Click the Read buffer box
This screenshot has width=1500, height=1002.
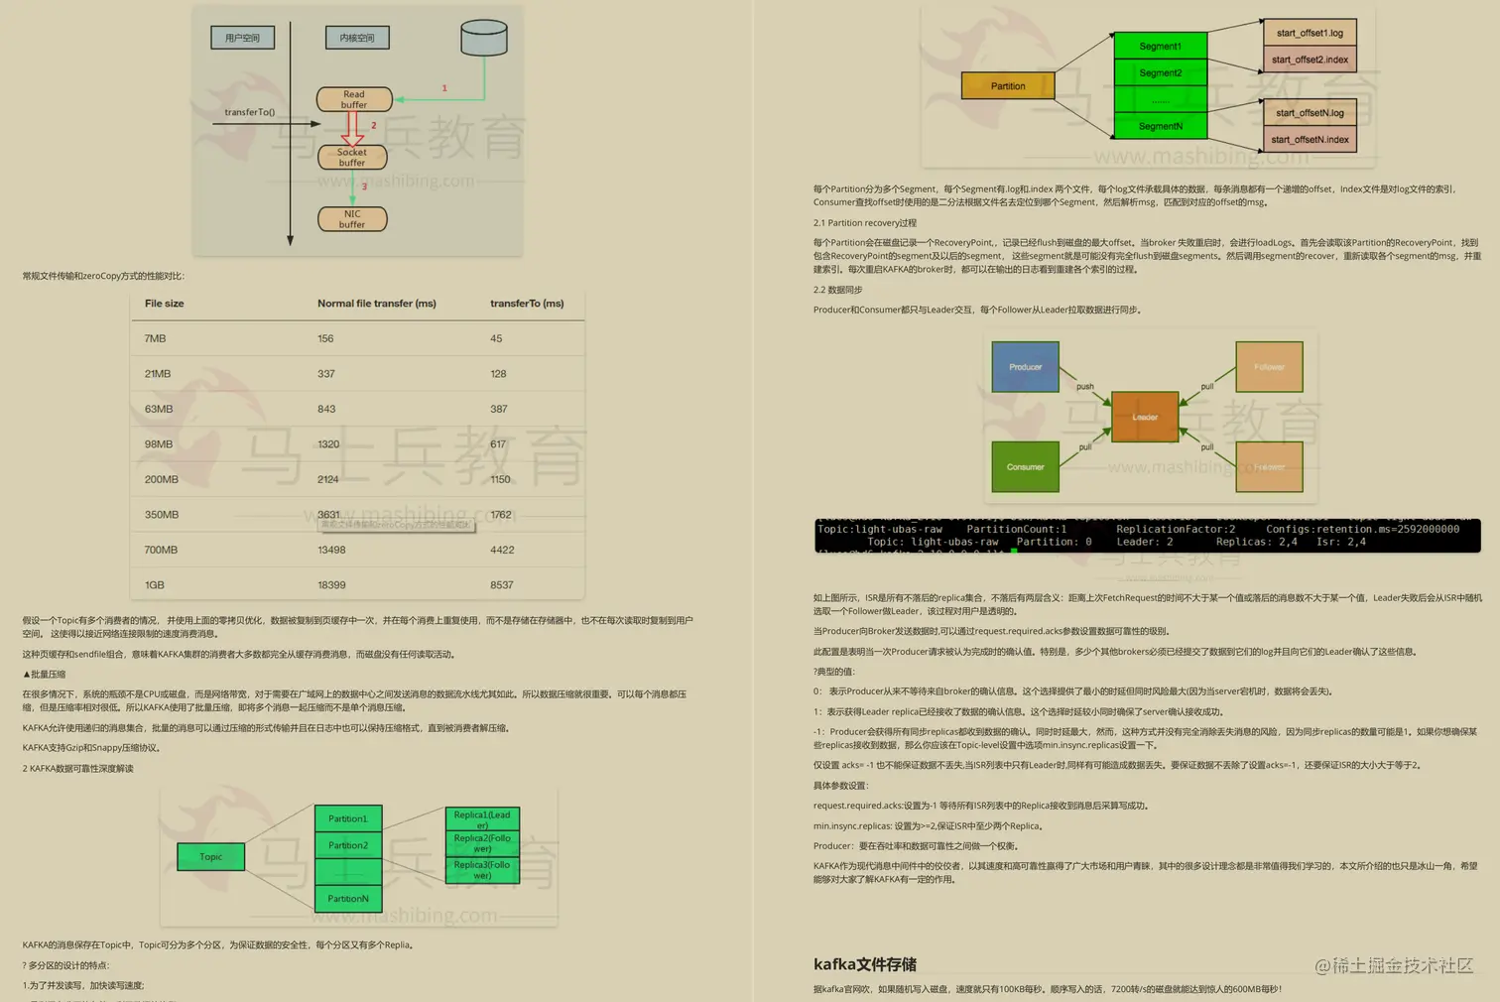click(x=354, y=99)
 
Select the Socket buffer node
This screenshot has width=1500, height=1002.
click(x=352, y=157)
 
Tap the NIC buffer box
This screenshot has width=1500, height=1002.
click(x=352, y=219)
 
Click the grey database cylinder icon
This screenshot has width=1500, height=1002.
click(x=484, y=38)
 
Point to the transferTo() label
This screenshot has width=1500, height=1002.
click(x=249, y=112)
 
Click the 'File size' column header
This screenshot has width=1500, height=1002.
click(x=165, y=304)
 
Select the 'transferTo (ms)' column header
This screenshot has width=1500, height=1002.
click(x=527, y=304)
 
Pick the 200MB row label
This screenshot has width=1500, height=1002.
click(x=162, y=479)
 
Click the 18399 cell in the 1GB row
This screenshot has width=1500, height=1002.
click(x=331, y=585)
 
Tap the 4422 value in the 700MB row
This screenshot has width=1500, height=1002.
click(x=502, y=550)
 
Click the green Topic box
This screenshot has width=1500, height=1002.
click(x=211, y=857)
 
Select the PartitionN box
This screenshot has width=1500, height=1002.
click(x=348, y=899)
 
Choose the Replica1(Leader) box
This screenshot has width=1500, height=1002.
click(x=482, y=819)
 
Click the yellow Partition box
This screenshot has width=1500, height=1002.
click(x=1008, y=86)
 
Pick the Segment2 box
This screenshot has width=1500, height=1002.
click(x=1161, y=72)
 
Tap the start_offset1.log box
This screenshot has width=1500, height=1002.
click(x=1310, y=33)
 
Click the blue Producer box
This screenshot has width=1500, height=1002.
click(x=1026, y=367)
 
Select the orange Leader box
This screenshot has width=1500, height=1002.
click(x=1145, y=417)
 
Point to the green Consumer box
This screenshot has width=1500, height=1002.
click(x=1026, y=467)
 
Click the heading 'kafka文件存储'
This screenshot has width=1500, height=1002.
click(x=865, y=964)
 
